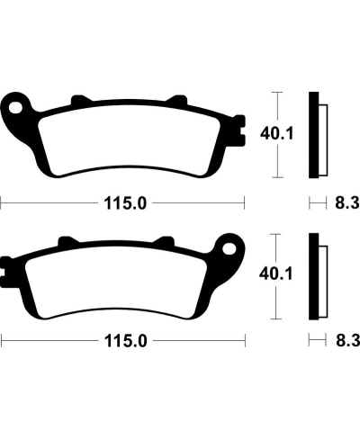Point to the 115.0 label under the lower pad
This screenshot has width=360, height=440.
[122, 342]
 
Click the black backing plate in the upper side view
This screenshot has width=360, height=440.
[314, 135]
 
